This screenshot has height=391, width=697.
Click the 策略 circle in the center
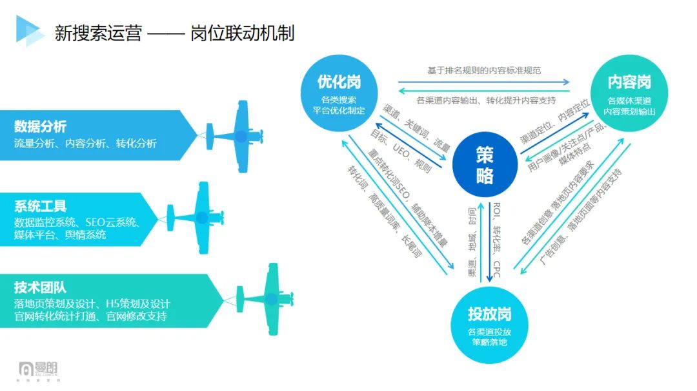[484, 164]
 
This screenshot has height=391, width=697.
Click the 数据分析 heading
[40, 126]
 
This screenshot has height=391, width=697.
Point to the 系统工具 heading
[40, 207]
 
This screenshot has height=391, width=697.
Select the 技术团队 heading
[40, 287]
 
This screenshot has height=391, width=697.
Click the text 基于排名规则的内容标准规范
[483, 70]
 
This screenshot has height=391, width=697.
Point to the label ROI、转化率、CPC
[496, 239]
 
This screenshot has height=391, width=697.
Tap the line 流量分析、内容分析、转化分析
[85, 143]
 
